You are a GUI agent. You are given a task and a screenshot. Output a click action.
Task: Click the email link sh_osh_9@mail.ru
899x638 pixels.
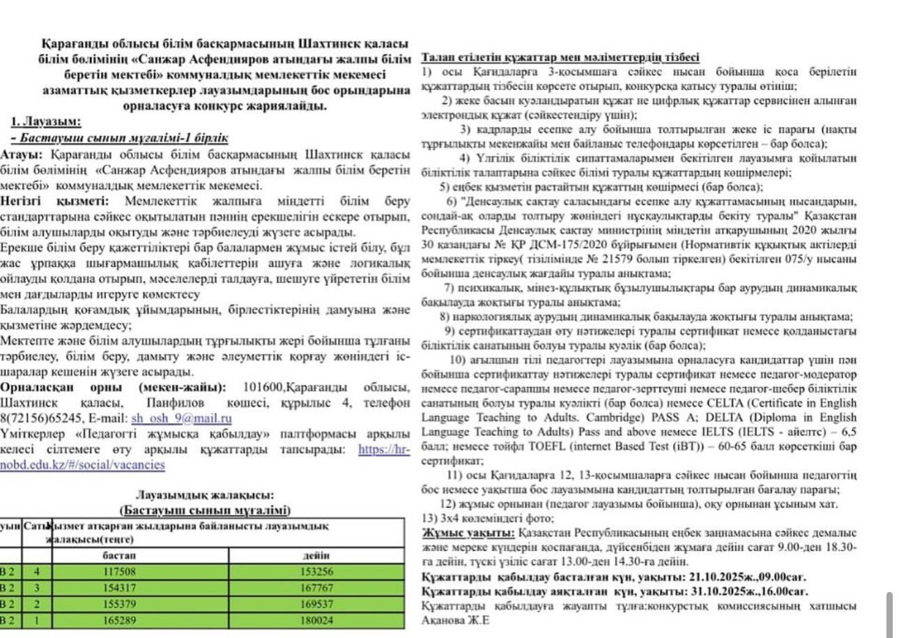click(x=181, y=418)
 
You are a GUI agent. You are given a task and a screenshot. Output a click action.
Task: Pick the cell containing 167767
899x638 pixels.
click(x=317, y=588)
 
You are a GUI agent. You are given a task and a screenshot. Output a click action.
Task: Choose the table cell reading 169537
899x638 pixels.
click(x=317, y=604)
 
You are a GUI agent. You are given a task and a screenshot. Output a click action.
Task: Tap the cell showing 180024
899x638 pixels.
click(x=317, y=620)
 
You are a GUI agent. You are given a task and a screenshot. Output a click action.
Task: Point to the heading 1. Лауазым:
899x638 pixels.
click(x=46, y=122)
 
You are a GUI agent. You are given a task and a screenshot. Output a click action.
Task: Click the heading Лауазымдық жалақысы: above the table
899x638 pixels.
click(x=204, y=495)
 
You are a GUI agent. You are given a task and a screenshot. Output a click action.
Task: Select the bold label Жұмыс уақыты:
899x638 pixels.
click(x=468, y=533)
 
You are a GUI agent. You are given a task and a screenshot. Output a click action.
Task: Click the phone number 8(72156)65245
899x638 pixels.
click(x=45, y=418)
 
